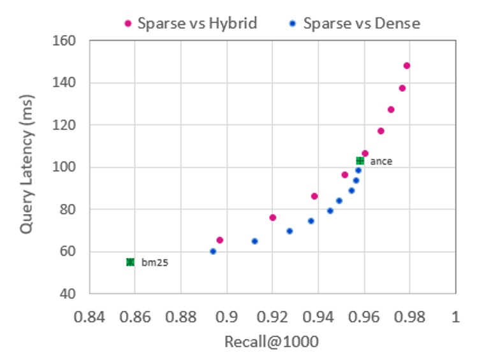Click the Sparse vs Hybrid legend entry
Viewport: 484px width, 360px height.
(191, 24)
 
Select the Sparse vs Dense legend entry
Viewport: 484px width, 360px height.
(354, 24)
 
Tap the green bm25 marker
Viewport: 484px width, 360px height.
(130, 262)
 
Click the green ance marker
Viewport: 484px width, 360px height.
(360, 161)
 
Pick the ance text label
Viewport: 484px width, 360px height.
(381, 162)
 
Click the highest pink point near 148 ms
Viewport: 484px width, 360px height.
(406, 66)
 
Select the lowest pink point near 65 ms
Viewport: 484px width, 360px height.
(220, 240)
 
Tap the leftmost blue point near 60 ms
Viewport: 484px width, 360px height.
(213, 251)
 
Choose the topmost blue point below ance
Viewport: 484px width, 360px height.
(358, 170)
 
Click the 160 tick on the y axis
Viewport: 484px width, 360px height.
(66, 41)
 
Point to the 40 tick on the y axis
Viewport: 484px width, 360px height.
(69, 294)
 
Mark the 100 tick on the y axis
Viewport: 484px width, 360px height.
(66, 168)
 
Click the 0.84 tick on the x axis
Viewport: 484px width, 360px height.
(89, 317)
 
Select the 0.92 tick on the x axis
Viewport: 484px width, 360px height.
(272, 317)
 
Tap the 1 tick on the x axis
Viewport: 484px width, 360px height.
(455, 317)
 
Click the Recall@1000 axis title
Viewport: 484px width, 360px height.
(271, 342)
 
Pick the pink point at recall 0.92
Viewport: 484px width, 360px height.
(272, 217)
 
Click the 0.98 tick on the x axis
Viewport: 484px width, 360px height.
(409, 317)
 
